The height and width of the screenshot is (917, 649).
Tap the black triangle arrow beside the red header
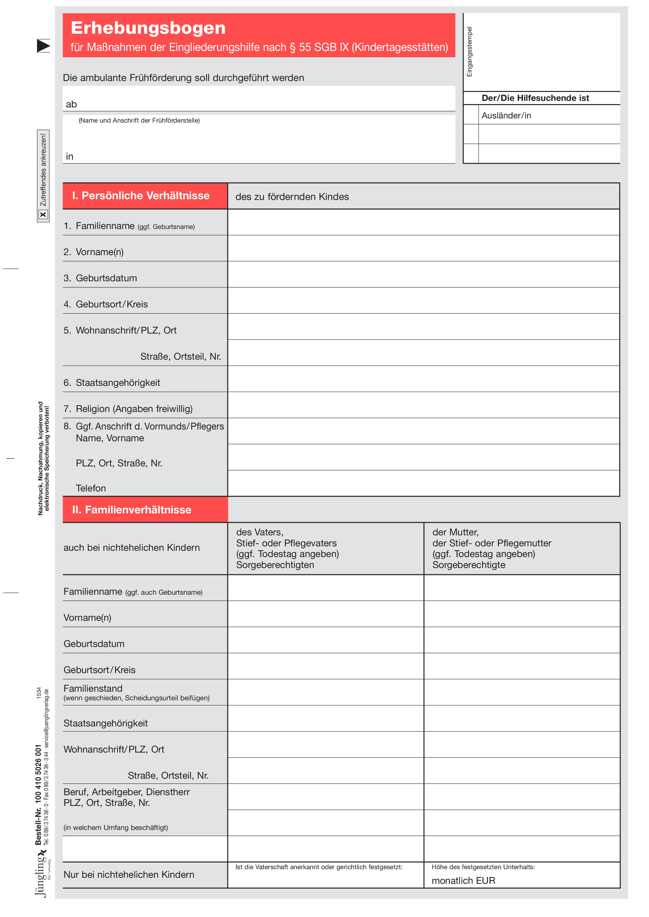(x=43, y=45)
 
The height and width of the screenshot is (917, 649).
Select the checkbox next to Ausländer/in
(x=471, y=115)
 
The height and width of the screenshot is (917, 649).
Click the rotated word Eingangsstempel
(x=469, y=52)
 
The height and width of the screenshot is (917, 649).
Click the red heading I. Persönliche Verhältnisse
(x=141, y=196)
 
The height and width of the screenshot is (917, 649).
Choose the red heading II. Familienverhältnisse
(x=132, y=510)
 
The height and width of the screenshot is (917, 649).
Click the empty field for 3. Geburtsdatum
(x=423, y=275)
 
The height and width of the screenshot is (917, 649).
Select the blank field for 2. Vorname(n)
(x=423, y=248)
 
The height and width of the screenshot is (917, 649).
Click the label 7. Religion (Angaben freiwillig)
(x=128, y=409)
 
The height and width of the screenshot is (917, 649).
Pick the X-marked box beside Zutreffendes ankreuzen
(x=43, y=214)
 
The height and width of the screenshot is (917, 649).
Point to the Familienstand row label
(x=93, y=689)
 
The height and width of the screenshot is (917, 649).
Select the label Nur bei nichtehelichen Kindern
(x=129, y=875)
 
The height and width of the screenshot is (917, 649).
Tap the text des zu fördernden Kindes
(x=292, y=197)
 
